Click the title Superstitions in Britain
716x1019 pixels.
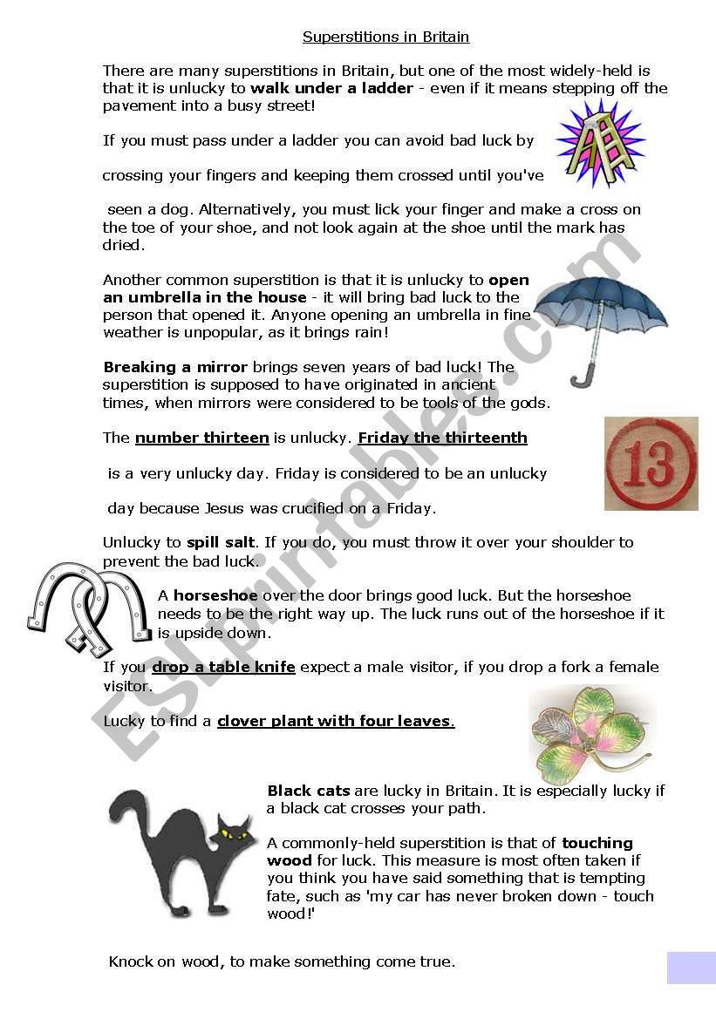pos(385,37)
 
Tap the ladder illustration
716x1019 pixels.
pos(600,143)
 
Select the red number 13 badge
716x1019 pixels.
pos(651,463)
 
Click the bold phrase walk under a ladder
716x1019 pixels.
pos(331,88)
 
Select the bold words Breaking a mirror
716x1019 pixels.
pos(175,367)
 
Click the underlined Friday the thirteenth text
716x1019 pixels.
pos(442,438)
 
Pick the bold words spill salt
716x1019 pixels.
pos(220,542)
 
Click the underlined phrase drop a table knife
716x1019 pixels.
pos(223,667)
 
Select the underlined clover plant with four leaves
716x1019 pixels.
pos(335,721)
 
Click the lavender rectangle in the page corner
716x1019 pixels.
pos(691,968)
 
